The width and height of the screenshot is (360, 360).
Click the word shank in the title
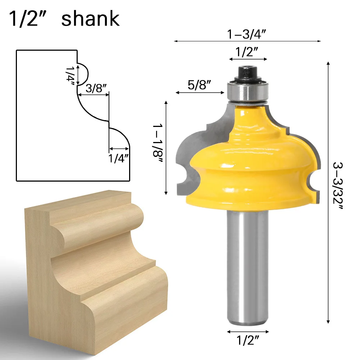90,19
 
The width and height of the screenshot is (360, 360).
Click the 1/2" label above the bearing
248,53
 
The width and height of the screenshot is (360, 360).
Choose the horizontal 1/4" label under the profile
119,158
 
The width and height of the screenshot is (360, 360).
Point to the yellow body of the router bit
252,162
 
